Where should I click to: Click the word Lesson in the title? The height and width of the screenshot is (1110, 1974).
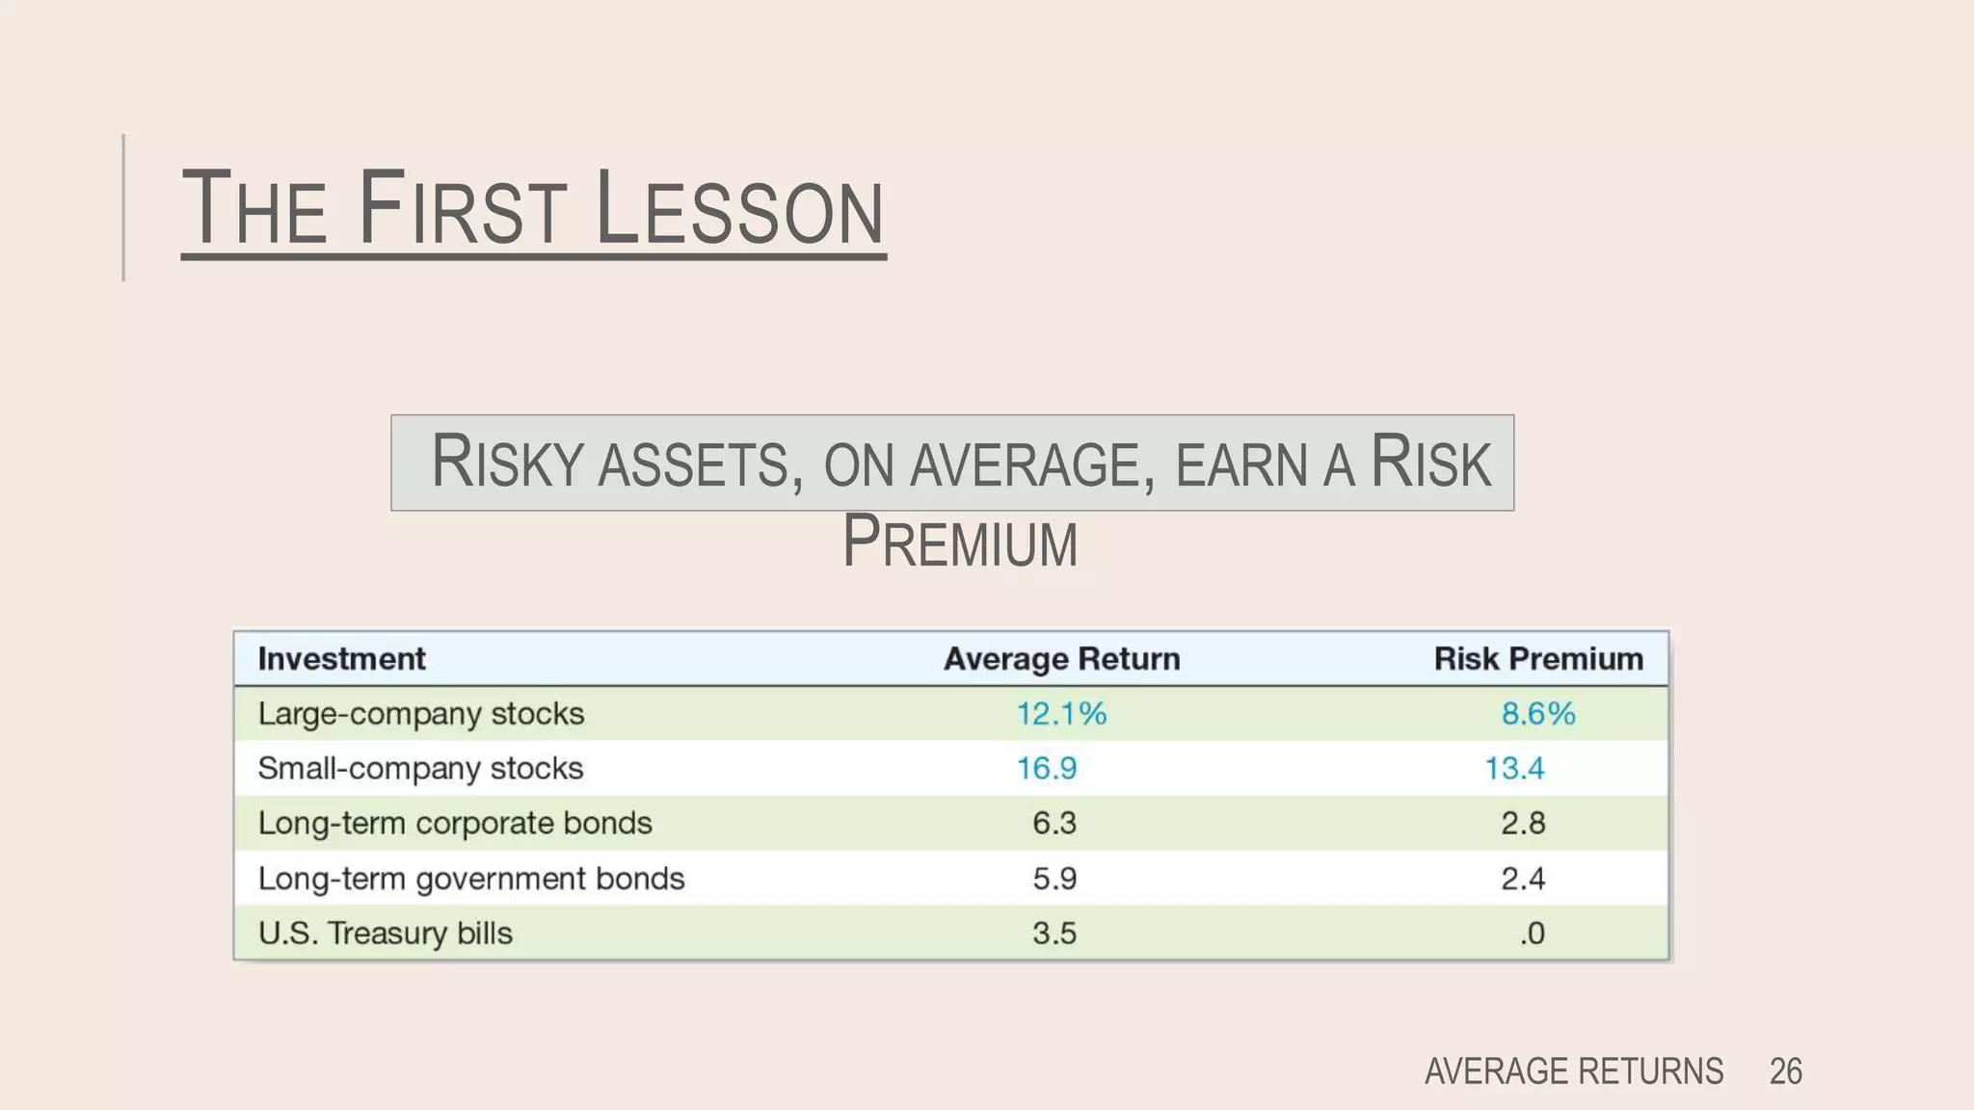click(739, 209)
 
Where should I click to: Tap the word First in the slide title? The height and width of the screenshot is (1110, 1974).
click(460, 209)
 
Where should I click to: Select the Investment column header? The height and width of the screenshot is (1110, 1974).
click(341, 659)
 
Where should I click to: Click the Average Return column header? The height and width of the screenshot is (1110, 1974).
click(1061, 659)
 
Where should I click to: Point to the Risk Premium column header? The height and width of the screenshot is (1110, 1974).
click(1538, 659)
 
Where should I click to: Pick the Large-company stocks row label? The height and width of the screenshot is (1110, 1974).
click(421, 714)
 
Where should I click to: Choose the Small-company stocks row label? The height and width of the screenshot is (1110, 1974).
click(420, 769)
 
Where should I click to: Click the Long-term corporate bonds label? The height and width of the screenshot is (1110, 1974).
click(455, 824)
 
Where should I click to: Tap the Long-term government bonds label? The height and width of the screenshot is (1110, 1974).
click(471, 879)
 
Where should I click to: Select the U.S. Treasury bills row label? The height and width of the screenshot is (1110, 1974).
click(386, 934)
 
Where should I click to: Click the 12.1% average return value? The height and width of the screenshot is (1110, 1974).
click(1061, 714)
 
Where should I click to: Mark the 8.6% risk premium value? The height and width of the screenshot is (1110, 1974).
click(1538, 714)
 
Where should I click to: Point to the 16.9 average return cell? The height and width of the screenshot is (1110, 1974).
click(1047, 769)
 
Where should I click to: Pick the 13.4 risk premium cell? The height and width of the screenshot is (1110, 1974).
click(1514, 769)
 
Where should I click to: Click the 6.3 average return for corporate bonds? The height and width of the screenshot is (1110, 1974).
click(1054, 824)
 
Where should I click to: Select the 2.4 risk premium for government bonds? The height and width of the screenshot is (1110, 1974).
click(1523, 879)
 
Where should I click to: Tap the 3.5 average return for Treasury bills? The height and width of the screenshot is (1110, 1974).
click(1054, 934)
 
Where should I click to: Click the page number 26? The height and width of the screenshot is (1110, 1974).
click(1785, 1071)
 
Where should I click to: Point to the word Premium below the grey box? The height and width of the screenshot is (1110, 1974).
click(960, 542)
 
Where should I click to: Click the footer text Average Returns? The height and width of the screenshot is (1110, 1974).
click(1574, 1071)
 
